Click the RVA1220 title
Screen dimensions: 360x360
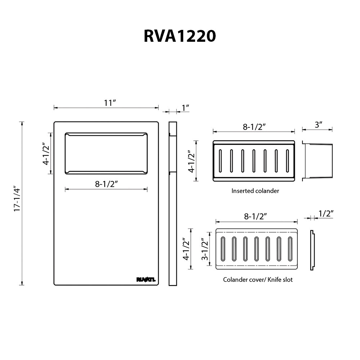(180, 36)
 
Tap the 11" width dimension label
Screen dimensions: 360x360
(109, 103)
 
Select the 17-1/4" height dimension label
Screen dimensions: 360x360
(17, 198)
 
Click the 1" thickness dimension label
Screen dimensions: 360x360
(185, 107)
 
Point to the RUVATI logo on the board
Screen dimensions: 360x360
(146, 279)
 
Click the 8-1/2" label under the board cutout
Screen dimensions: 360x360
(107, 184)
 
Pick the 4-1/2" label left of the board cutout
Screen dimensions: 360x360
(46, 154)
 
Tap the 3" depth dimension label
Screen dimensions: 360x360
(319, 125)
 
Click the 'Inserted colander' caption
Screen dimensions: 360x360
(255, 191)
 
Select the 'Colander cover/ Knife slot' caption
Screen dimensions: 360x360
(258, 279)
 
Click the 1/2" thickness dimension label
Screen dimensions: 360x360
(325, 214)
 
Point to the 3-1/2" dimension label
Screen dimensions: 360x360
(204, 249)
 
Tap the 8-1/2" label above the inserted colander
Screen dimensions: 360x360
(254, 127)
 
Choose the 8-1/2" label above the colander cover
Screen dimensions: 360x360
(255, 216)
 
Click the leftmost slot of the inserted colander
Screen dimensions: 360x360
(220, 161)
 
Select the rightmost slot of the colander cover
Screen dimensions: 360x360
(290, 249)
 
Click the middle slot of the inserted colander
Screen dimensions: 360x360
(254, 161)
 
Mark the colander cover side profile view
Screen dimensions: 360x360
(312, 250)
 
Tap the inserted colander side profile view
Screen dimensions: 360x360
(317, 161)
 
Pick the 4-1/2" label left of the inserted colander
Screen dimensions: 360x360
(192, 161)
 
